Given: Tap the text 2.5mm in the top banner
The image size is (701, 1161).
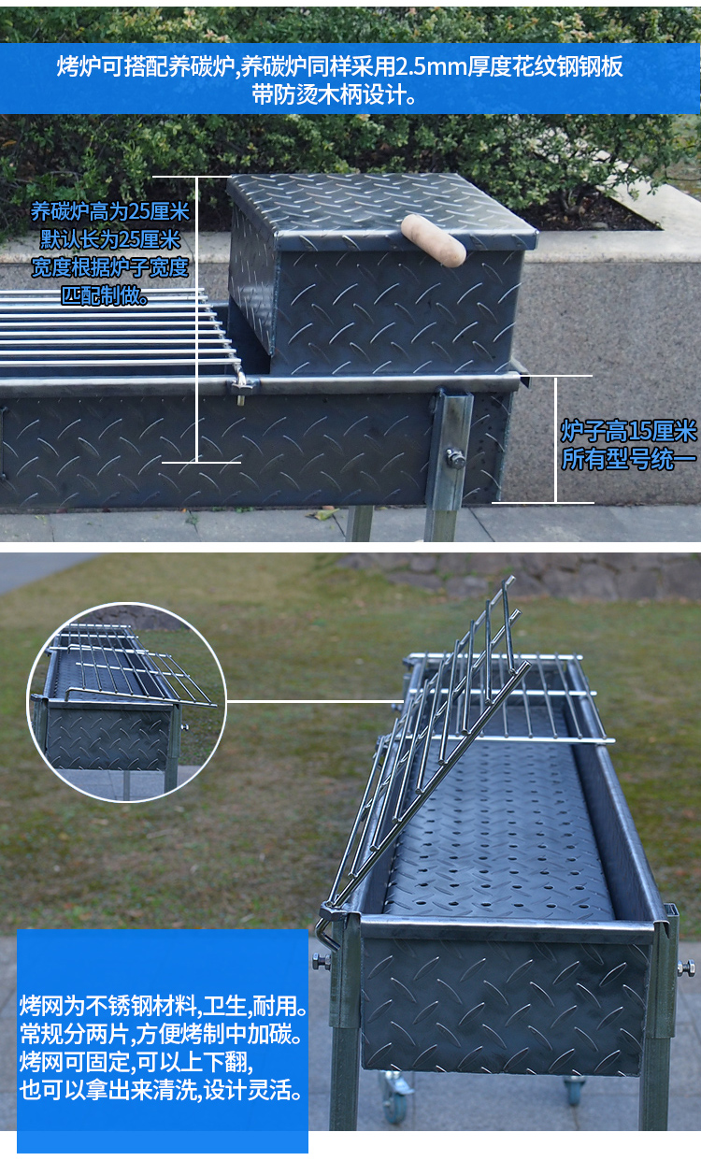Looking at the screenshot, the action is click(x=432, y=67).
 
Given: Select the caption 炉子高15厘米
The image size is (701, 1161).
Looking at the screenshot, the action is click(x=628, y=431).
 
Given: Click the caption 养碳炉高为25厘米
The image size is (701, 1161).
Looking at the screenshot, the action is click(x=110, y=211).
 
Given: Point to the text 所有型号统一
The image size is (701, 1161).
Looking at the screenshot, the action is click(x=628, y=459).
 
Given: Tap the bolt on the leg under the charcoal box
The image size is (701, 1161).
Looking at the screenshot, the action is click(x=455, y=459).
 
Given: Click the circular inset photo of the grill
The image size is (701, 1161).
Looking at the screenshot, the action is click(x=127, y=702).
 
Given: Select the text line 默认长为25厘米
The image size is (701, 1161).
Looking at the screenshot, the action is click(x=110, y=239).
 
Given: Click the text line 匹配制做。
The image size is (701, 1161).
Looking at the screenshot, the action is click(x=106, y=295).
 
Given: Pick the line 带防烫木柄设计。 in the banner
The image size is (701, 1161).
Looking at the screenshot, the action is click(x=335, y=94).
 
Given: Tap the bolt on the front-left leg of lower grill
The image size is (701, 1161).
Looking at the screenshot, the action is click(x=322, y=962).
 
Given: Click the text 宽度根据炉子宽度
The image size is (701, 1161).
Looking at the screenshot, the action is click(x=110, y=267).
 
